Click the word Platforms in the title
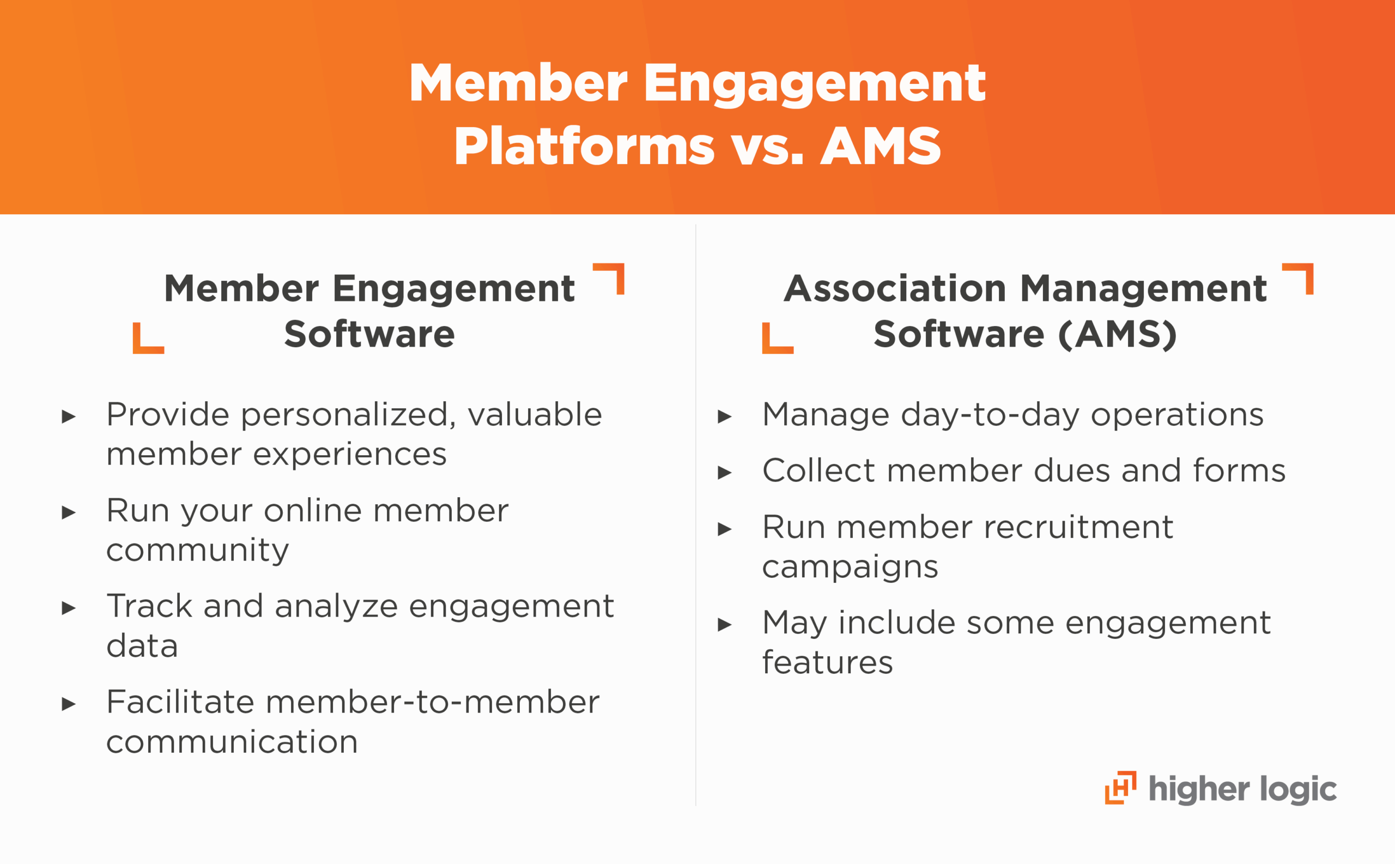584,146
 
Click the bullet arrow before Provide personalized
69,416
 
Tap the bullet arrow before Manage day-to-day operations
724,416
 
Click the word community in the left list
197,550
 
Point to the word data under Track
142,646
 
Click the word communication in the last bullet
232,742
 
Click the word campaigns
850,567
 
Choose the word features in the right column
827,663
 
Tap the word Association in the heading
895,288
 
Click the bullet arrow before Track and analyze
69,608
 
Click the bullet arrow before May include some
724,625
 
